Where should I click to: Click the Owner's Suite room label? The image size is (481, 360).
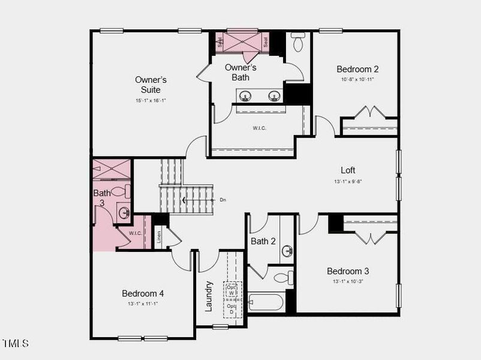[151, 85]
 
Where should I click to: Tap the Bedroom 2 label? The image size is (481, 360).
[357, 69]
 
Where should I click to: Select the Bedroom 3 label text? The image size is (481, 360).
[348, 271]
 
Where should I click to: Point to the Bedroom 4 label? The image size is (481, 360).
[143, 293]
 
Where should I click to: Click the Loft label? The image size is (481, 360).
[348, 170]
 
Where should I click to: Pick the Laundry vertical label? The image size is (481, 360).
[209, 296]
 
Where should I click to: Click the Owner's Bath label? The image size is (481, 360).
[240, 72]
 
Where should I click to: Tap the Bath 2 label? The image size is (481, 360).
[263, 241]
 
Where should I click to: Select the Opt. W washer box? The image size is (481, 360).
[232, 290]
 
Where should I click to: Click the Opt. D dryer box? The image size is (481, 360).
[232, 309]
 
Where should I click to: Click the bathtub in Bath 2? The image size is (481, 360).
[266, 301]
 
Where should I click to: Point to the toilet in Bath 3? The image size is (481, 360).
[121, 192]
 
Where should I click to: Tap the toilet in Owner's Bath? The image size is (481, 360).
[297, 43]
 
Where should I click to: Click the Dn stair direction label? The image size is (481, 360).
[223, 200]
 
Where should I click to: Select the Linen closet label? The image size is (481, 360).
[159, 238]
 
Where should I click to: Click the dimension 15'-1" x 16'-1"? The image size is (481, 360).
[151, 101]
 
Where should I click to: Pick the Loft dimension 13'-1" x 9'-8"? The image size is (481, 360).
[348, 182]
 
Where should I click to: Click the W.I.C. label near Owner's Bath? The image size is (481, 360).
[259, 128]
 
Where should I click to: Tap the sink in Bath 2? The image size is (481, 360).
[287, 250]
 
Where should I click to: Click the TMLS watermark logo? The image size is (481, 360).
[16, 344]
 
